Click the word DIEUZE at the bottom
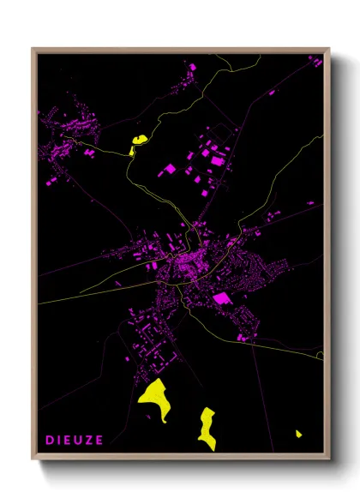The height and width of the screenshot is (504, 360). [x=75, y=441]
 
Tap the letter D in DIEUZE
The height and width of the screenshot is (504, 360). [x=50, y=441]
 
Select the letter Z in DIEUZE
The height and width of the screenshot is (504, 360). [x=90, y=441]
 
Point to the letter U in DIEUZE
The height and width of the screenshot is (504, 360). [x=79, y=441]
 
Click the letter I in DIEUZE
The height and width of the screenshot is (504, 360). [x=59, y=441]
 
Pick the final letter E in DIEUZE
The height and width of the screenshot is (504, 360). [x=100, y=441]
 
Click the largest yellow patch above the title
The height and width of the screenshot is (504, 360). [x=154, y=398]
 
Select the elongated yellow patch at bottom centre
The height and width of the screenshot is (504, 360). [x=207, y=427]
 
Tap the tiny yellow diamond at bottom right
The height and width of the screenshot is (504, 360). [x=298, y=434]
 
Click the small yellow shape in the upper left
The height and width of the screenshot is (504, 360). [x=137, y=143]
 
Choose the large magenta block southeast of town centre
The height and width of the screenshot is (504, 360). [x=222, y=298]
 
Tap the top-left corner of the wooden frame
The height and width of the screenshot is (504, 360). [x=33, y=49]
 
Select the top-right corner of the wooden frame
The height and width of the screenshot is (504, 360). [x=328, y=49]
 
